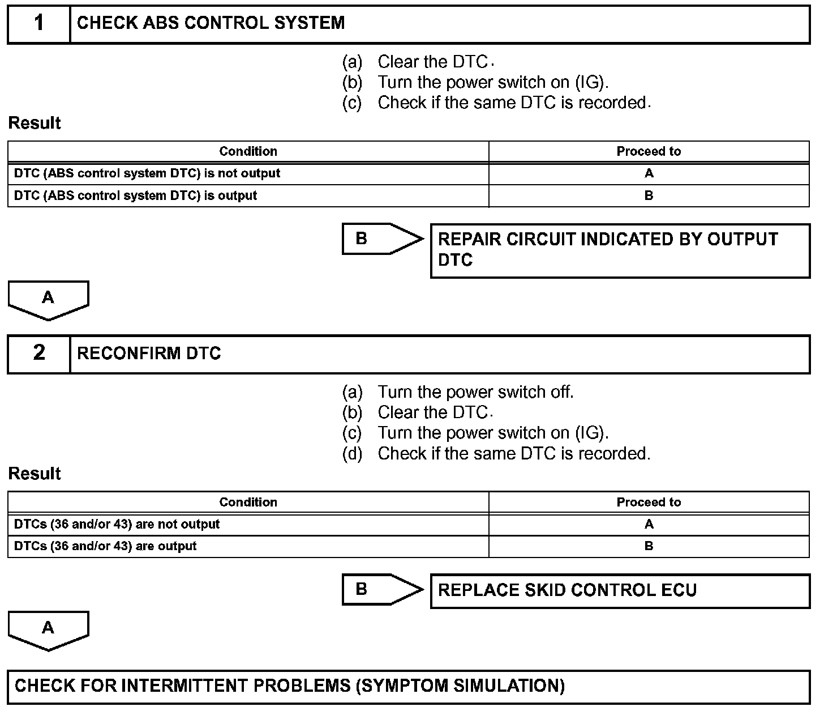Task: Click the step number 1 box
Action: click(38, 24)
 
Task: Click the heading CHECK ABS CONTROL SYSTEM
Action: click(211, 23)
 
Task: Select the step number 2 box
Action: click(38, 354)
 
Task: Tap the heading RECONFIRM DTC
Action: click(149, 354)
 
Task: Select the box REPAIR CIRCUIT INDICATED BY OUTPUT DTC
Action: click(620, 250)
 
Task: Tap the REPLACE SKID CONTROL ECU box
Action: click(620, 590)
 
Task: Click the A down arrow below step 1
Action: click(48, 299)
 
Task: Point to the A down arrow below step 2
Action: click(48, 629)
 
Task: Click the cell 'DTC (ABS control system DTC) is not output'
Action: click(147, 173)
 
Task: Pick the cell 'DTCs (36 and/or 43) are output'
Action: click(105, 546)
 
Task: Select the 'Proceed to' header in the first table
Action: click(649, 151)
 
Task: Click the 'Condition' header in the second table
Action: click(248, 502)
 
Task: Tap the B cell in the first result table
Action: click(649, 195)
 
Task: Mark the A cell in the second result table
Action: click(649, 524)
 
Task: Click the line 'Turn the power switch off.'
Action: click(475, 392)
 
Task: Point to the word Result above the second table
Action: click(35, 474)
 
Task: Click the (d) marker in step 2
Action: click(352, 454)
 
